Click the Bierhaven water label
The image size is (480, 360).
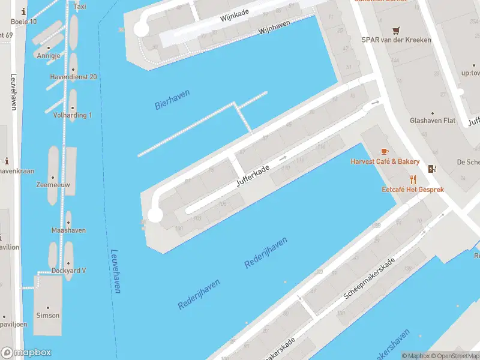[172, 100]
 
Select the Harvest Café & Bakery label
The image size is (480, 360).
[385, 162]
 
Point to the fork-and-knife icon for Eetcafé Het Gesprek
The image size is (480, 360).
[413, 179]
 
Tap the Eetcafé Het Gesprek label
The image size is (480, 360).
[413, 190]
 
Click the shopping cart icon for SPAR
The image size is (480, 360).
[396, 30]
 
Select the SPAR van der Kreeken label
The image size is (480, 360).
[401, 40]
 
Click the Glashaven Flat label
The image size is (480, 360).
[433, 121]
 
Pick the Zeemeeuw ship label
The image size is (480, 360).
[53, 185]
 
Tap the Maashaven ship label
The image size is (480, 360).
[68, 230]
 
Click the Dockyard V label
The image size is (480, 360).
[68, 271]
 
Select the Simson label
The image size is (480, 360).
[47, 316]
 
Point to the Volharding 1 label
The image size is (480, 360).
[72, 115]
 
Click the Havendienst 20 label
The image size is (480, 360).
[75, 77]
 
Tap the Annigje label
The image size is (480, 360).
[49, 56]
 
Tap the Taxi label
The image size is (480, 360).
[79, 7]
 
